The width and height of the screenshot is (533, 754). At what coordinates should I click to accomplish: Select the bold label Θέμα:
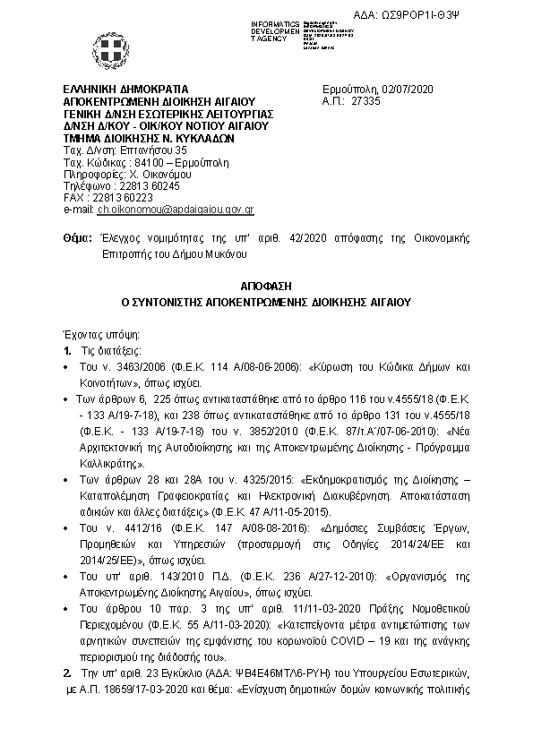[78, 238]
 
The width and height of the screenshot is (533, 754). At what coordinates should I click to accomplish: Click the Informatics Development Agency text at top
[273, 29]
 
